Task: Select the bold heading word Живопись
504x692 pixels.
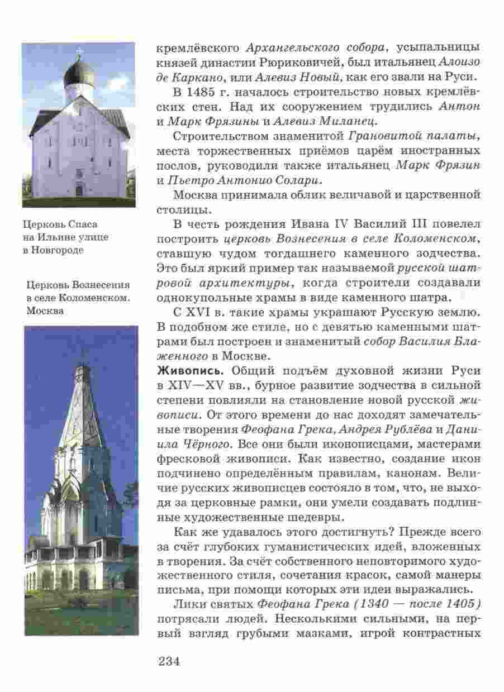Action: tap(187, 371)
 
